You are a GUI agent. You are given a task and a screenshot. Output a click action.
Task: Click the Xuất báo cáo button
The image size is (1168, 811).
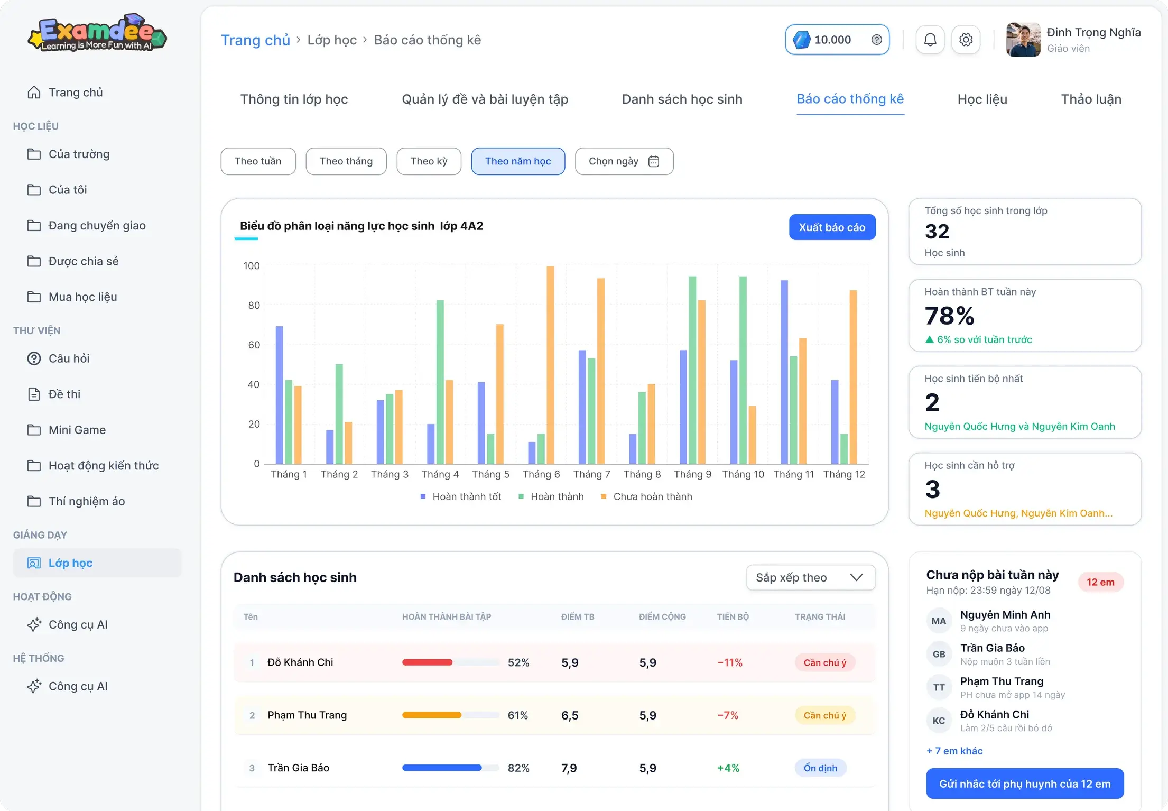point(832,227)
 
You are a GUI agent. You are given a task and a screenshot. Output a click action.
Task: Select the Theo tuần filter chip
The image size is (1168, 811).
point(258,161)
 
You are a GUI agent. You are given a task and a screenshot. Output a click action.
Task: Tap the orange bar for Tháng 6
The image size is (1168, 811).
point(550,365)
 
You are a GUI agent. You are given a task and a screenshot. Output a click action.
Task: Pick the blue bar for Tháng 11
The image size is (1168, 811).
point(784,372)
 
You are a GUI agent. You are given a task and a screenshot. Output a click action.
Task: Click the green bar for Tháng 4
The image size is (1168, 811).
point(440,382)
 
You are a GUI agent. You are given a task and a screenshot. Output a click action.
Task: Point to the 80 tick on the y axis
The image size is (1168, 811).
point(254,305)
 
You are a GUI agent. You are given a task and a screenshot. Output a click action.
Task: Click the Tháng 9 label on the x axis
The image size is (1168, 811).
point(692,474)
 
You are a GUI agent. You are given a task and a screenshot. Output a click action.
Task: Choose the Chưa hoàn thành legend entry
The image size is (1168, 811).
point(647,496)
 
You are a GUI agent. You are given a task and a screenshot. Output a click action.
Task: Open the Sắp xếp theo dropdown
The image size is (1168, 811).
point(810,577)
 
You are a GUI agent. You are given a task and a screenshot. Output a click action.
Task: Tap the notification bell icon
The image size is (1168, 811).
point(930,40)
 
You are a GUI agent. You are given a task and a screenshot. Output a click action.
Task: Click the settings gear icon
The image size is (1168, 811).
point(966,40)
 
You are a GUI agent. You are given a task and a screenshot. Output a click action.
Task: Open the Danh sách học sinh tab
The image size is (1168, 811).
point(682,99)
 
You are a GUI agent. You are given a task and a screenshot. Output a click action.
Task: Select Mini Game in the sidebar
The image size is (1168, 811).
point(77,430)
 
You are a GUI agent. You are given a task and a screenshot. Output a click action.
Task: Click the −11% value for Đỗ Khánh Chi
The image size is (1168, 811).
point(730,662)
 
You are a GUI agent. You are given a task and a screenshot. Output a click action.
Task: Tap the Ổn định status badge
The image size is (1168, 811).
point(820,768)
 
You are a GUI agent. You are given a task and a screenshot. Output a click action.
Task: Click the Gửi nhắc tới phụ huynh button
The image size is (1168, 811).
point(1025,784)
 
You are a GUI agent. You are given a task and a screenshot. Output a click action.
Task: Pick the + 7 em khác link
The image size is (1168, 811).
point(954,751)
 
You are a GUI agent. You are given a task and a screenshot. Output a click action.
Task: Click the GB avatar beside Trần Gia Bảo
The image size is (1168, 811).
point(939,654)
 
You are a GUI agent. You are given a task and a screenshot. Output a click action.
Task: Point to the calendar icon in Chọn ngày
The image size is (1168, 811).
point(654,161)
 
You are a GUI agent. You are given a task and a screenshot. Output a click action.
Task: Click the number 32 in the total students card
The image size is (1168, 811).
point(937,232)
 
